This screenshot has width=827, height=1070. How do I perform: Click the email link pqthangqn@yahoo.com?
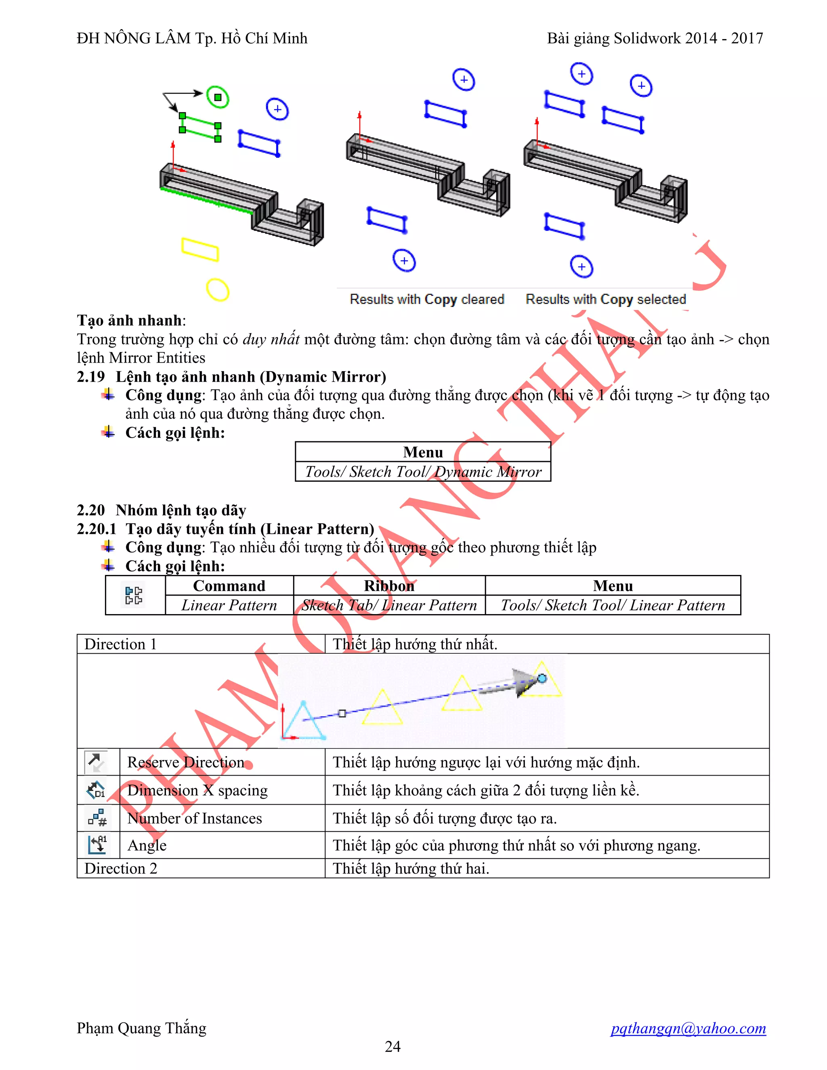pyautogui.click(x=688, y=1028)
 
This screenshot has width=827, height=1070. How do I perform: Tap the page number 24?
pyautogui.click(x=393, y=1047)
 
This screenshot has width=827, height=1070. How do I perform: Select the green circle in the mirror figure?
pyautogui.click(x=218, y=97)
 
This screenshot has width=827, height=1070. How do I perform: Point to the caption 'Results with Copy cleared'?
pyautogui.click(x=427, y=299)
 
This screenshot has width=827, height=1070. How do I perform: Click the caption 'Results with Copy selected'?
pyautogui.click(x=606, y=299)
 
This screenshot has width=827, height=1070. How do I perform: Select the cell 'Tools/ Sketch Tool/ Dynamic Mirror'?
pyautogui.click(x=423, y=472)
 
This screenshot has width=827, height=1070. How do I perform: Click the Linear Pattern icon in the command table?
pyautogui.click(x=134, y=595)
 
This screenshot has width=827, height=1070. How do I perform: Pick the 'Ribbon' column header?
pyautogui.click(x=389, y=586)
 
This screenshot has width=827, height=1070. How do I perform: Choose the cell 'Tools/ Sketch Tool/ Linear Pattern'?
pyautogui.click(x=613, y=606)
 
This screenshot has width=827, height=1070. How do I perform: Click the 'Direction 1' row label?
pyautogui.click(x=120, y=644)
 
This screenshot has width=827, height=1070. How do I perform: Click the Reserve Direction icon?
pyautogui.click(x=96, y=762)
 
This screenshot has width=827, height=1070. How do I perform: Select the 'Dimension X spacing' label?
pyautogui.click(x=197, y=790)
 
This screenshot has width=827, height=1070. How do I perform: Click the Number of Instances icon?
pyautogui.click(x=97, y=818)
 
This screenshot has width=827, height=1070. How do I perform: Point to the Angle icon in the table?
pyautogui.click(x=97, y=845)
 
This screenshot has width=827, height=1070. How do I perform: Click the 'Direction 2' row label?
pyautogui.click(x=120, y=869)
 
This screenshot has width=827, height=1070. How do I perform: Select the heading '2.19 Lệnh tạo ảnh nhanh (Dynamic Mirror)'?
pyautogui.click(x=231, y=377)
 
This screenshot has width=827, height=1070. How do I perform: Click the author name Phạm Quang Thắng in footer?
pyautogui.click(x=142, y=1028)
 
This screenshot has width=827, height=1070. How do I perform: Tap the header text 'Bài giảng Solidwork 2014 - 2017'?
pyautogui.click(x=655, y=38)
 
